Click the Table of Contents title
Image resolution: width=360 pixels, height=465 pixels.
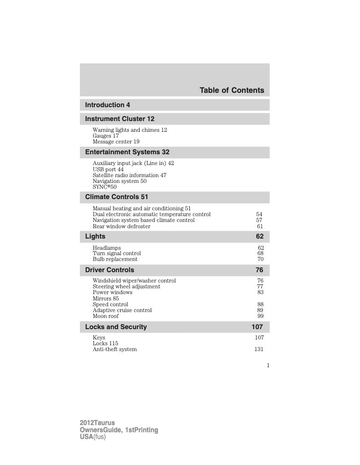pos(232,91)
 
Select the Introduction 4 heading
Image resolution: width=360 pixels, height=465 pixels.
pos(108,105)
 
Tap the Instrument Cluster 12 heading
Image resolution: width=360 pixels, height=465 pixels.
pos(119,119)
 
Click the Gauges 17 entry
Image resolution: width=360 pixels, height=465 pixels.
pos(105,136)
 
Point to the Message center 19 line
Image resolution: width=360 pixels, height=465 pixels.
pos(116,142)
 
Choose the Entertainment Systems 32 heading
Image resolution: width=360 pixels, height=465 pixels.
pos(127,152)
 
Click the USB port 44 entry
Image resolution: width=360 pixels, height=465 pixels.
pos(108,169)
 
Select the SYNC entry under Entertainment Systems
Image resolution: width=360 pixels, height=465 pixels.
pos(104,187)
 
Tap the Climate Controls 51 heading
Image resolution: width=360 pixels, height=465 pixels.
pos(116,197)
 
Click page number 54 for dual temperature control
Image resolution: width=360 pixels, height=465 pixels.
pos(259,214)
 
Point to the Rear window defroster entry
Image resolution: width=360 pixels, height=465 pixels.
pos(121,226)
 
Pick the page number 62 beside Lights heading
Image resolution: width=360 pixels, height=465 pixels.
pos(260,236)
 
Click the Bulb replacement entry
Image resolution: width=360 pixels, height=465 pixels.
pos(115,259)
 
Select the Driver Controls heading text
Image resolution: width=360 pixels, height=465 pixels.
pos(110,270)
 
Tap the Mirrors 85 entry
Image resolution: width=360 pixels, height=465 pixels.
pos(105,298)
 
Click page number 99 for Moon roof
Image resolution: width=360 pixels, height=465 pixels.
pos(260,316)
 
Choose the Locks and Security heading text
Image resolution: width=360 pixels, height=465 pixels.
pos(116,327)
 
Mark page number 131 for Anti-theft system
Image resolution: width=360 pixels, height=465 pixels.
pos(259,349)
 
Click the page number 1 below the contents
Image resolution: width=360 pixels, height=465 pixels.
pos(268,365)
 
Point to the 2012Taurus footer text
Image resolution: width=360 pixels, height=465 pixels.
pos(97,423)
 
